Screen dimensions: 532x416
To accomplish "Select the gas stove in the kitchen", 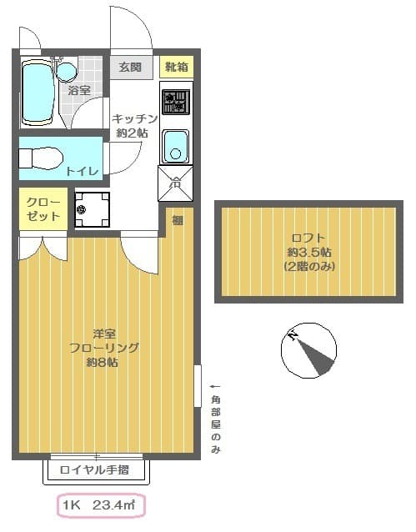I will [176, 101].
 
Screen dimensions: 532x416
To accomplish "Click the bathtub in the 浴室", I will [38, 93].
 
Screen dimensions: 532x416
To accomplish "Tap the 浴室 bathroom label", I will [79, 90].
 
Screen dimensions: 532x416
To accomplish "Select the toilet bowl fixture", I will [42, 158].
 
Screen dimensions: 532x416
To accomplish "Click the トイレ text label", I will [83, 172].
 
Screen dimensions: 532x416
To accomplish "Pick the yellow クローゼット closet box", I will [43, 209].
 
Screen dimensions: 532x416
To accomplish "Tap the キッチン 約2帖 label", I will [131, 125].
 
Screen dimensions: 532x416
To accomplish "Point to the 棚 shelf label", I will [178, 220].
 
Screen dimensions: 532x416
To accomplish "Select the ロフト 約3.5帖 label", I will [308, 251].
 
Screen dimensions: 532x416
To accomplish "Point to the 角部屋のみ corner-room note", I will [216, 421].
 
